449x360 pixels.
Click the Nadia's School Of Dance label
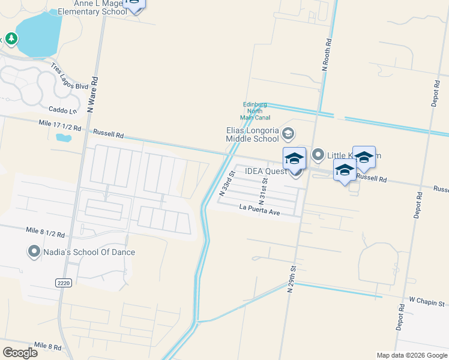tap(89, 252)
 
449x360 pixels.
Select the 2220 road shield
tap(63, 283)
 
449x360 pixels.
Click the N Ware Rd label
tap(92, 94)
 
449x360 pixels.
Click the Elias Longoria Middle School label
tap(252, 134)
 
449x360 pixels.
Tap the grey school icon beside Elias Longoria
tap(288, 133)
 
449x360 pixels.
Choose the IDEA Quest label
tap(266, 171)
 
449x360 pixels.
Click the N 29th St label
tap(292, 278)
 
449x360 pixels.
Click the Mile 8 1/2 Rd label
tap(46, 230)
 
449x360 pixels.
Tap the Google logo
tap(20, 352)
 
